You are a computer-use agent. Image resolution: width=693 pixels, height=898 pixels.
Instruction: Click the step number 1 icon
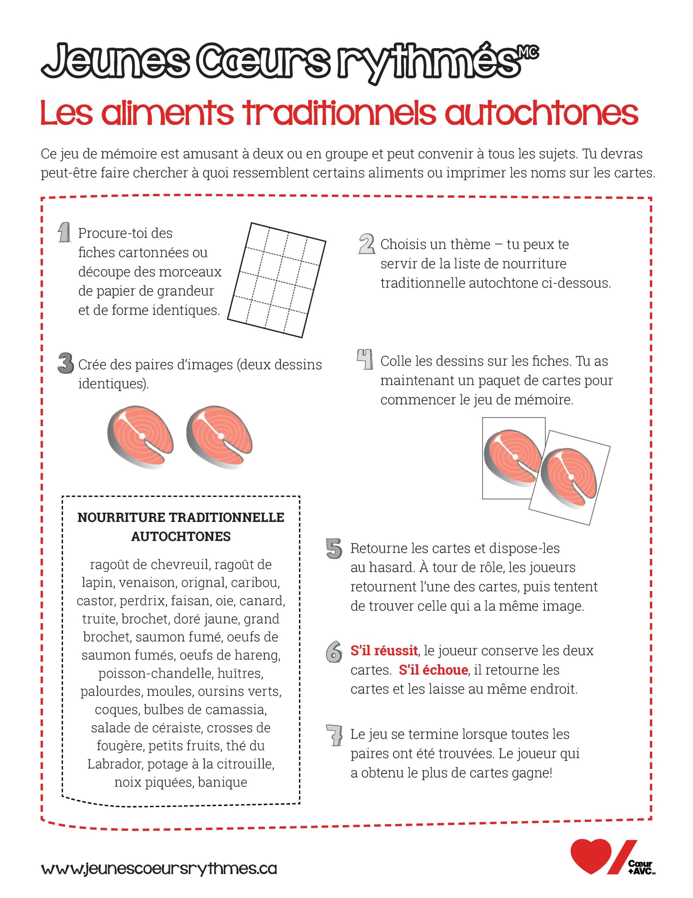click(x=64, y=233)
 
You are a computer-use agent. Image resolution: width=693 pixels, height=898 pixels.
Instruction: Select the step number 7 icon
click(x=334, y=736)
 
